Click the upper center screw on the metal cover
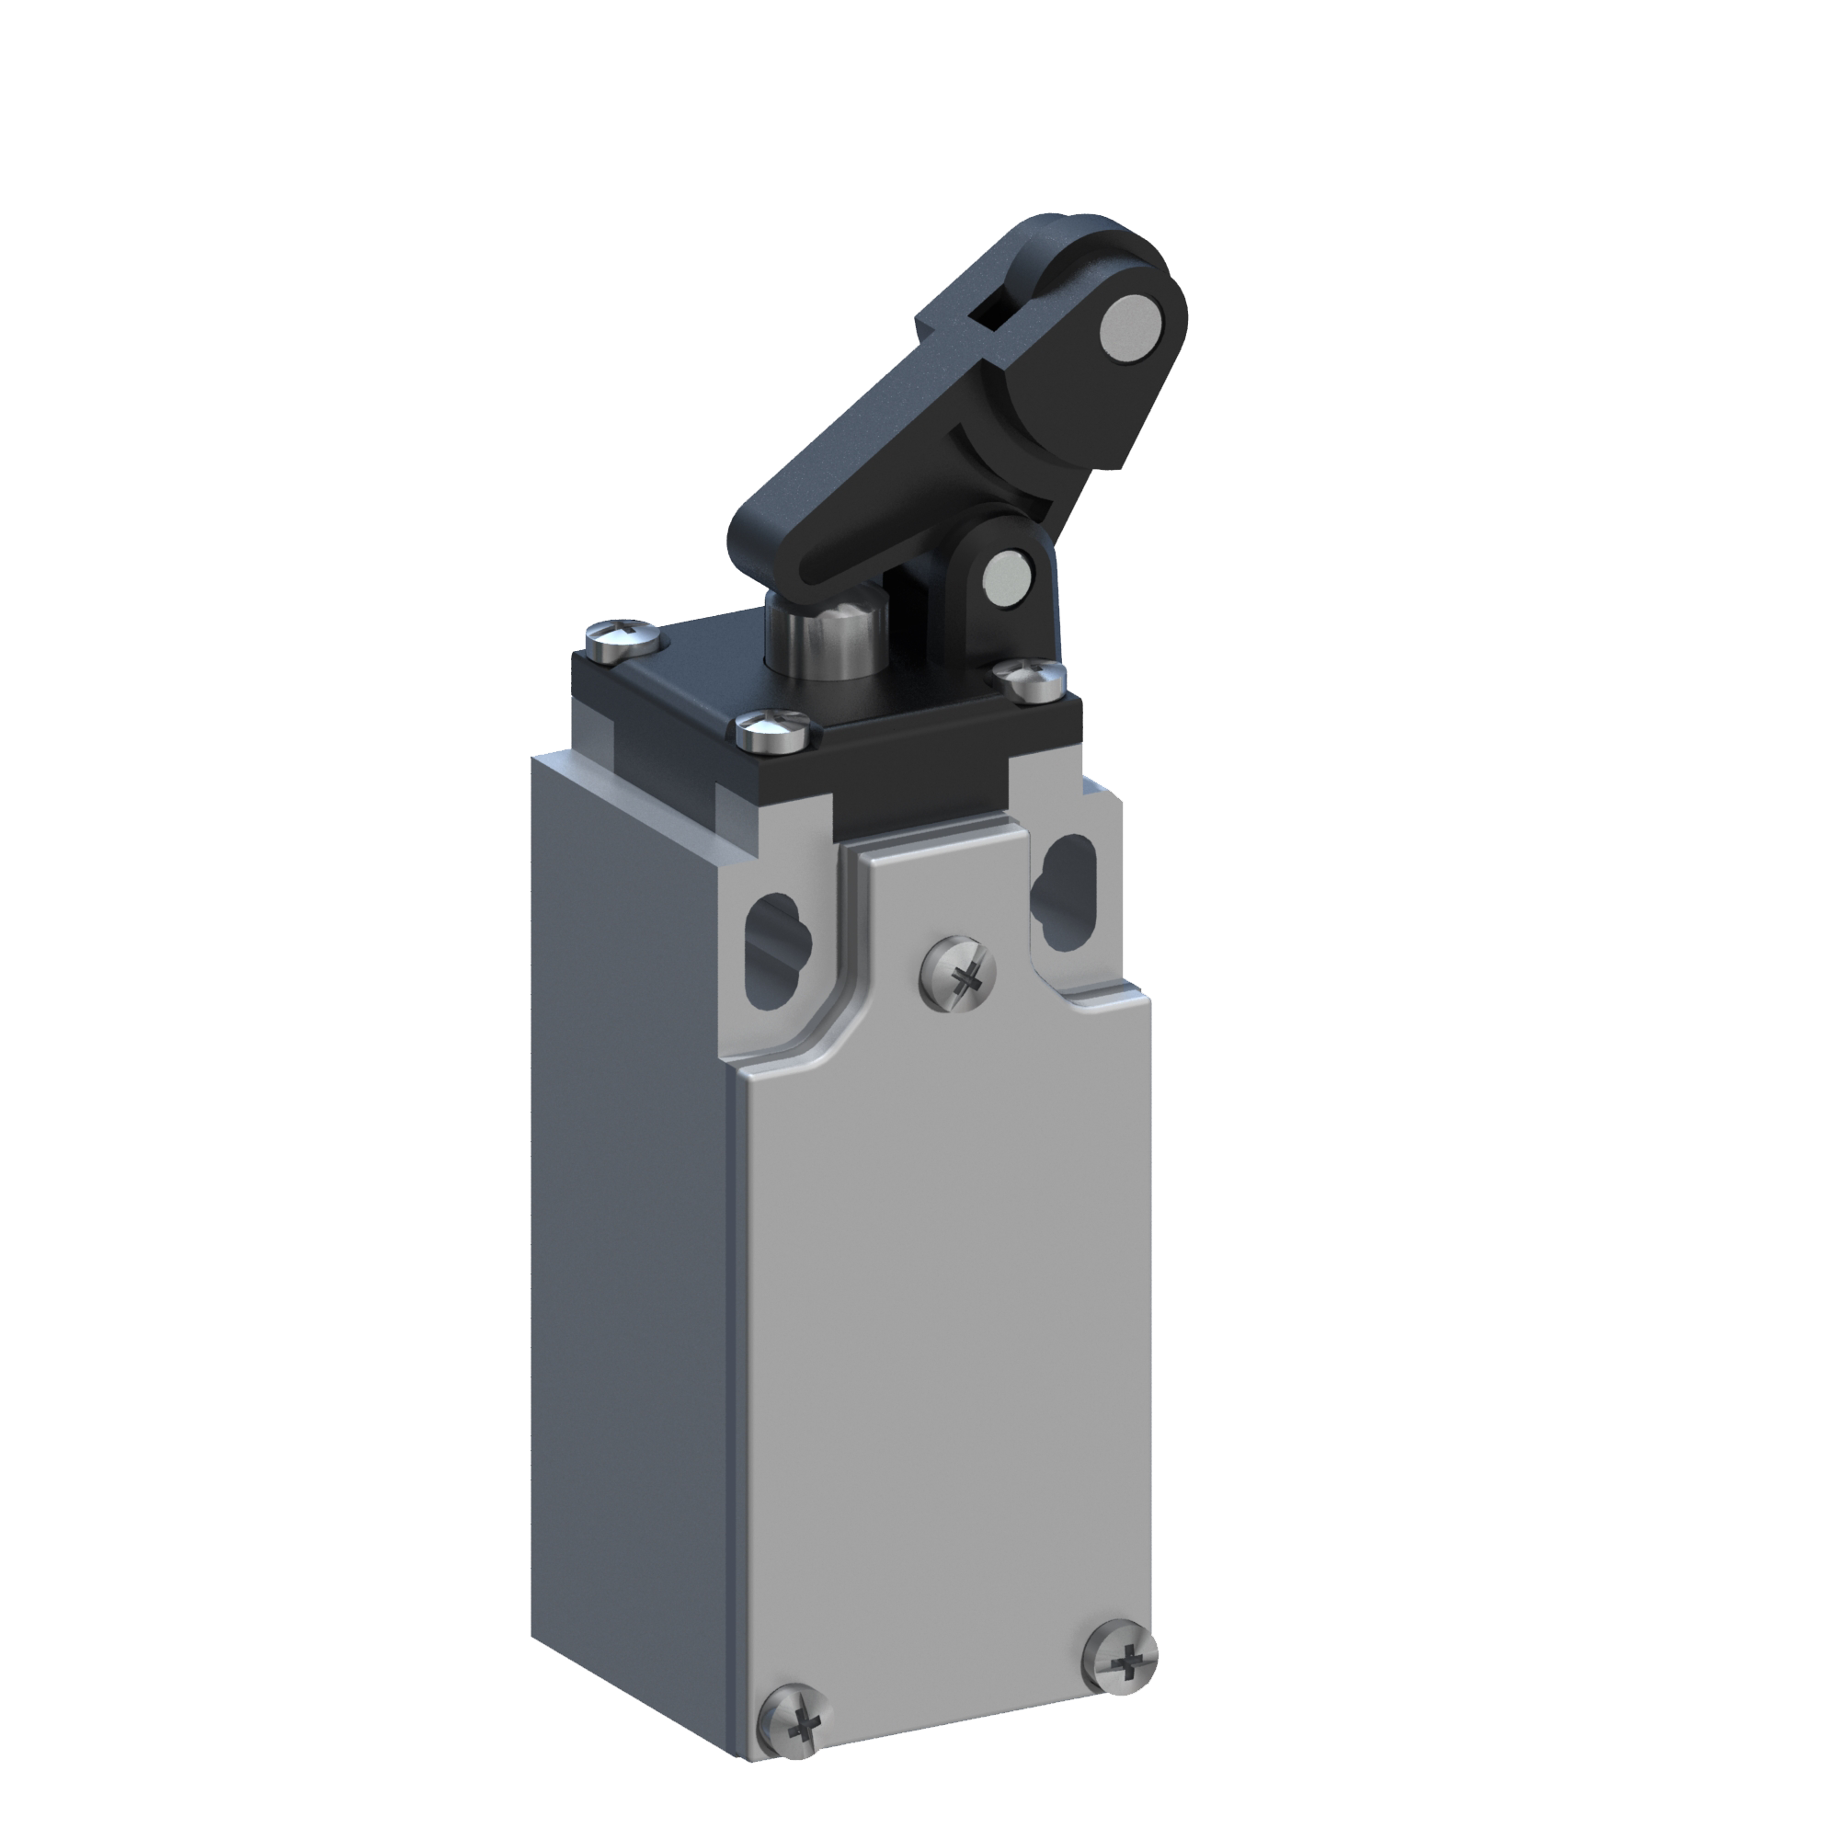pos(957,972)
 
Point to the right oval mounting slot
pos(1065,884)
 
